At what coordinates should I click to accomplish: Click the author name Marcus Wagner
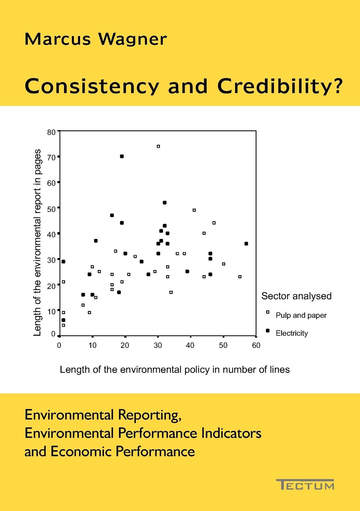tap(96, 39)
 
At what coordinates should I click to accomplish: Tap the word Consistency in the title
tap(92, 86)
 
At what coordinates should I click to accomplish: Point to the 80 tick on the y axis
tap(51, 132)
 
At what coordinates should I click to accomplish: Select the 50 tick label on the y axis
tap(51, 209)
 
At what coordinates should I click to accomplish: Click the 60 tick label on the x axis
tap(256, 345)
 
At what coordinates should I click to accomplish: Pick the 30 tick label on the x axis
tap(158, 345)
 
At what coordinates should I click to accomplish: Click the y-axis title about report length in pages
tap(37, 242)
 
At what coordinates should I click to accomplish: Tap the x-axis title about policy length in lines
tap(175, 370)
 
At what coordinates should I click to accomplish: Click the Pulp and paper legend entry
tap(301, 315)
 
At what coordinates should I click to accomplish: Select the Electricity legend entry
tap(291, 333)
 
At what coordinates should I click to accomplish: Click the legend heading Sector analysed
tap(296, 296)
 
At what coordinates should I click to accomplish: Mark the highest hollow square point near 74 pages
tap(158, 146)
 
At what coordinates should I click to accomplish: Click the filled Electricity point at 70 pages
tap(122, 156)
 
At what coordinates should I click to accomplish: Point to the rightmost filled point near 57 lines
tap(246, 243)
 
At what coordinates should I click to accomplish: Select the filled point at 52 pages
tap(164, 203)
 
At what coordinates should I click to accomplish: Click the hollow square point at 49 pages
tap(194, 210)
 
